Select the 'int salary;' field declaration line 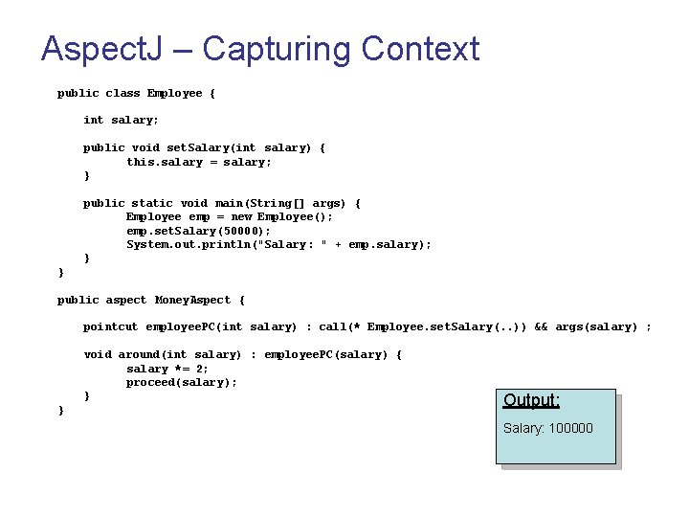pyautogui.click(x=122, y=120)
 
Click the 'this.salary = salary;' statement pyautogui.click(x=199, y=162)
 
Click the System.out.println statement pyautogui.click(x=278, y=245)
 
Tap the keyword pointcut pyautogui.click(x=110, y=327)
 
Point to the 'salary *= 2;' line pyautogui.click(x=167, y=369)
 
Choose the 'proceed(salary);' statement pyautogui.click(x=182, y=383)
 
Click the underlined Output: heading pyautogui.click(x=531, y=400)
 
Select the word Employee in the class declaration pyautogui.click(x=174, y=93)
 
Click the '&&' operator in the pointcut pyautogui.click(x=541, y=327)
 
